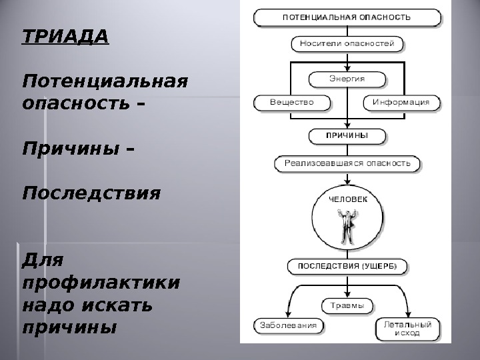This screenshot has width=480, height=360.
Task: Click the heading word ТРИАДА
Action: [65, 35]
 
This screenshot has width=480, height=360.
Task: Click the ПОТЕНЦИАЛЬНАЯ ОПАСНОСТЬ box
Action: [347, 17]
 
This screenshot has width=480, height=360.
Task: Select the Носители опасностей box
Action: [347, 45]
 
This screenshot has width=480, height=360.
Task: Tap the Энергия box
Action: [347, 78]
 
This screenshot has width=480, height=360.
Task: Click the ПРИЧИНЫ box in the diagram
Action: [347, 135]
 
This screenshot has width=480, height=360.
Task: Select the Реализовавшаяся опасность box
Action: [347, 163]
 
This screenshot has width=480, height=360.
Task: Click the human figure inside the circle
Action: [347, 225]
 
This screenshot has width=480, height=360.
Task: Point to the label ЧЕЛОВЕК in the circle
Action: [347, 198]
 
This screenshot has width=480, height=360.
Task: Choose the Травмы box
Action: [347, 306]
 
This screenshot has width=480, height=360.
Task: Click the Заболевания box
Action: [288, 326]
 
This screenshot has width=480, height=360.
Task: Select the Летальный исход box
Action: [407, 328]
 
